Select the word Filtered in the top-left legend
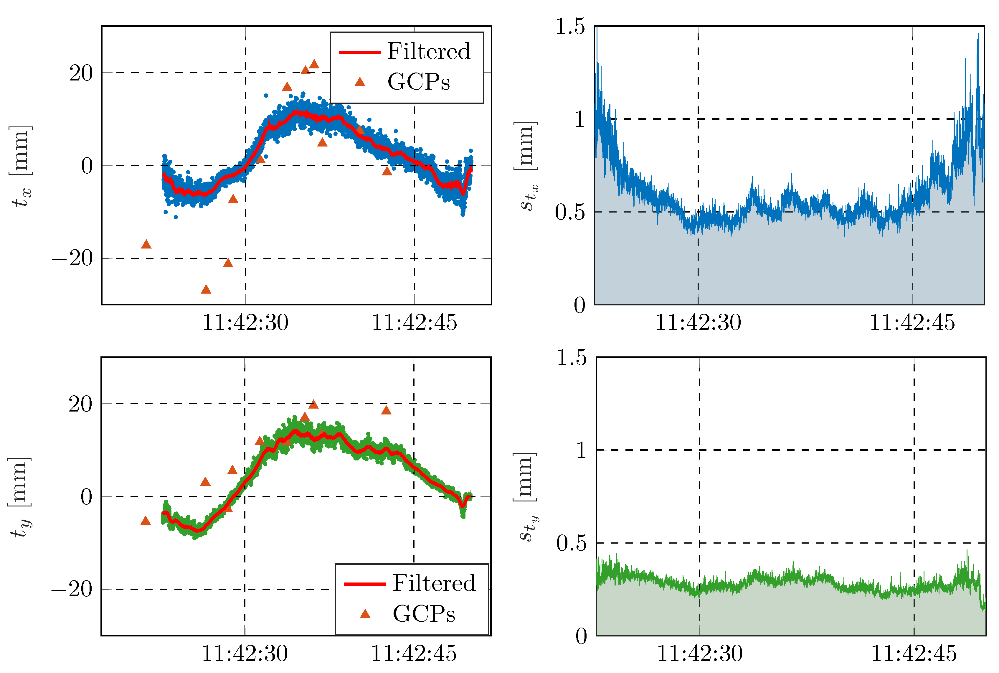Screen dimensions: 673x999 [429, 52]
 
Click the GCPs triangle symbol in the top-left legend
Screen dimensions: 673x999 [360, 82]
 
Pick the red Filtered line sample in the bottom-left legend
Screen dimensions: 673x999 [365, 584]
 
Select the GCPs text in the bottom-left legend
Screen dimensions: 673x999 [424, 614]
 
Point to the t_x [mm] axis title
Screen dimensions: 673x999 [21, 167]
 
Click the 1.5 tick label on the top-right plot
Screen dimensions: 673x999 [570, 27]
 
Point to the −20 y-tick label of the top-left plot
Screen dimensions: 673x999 [72, 259]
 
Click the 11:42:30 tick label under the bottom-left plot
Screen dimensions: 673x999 [245, 654]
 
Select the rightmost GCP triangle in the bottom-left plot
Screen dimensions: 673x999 [386, 410]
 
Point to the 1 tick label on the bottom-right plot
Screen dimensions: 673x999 [581, 450]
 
